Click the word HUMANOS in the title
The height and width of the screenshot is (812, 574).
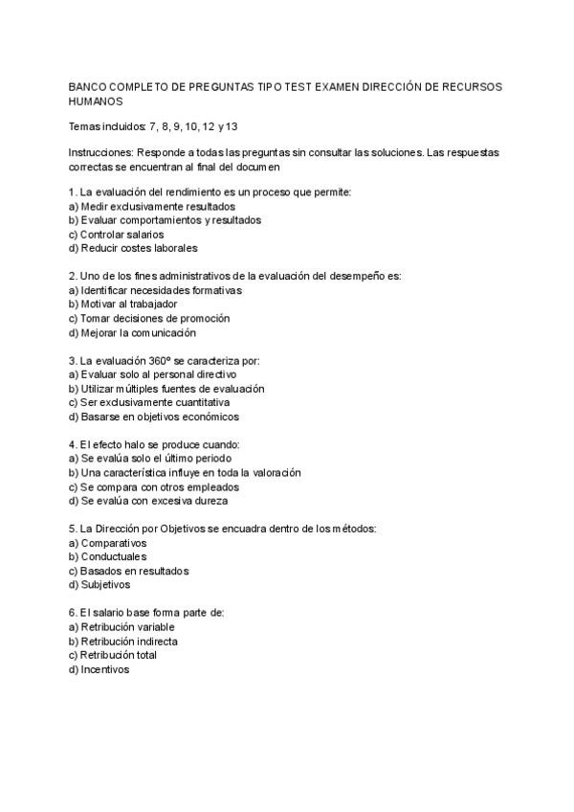96,101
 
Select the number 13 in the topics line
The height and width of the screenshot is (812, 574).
230,126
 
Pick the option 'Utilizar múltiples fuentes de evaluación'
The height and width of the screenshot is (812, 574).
172,389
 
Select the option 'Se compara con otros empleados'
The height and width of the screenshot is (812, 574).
153,486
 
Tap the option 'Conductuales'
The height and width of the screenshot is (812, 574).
112,556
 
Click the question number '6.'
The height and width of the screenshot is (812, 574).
74,613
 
